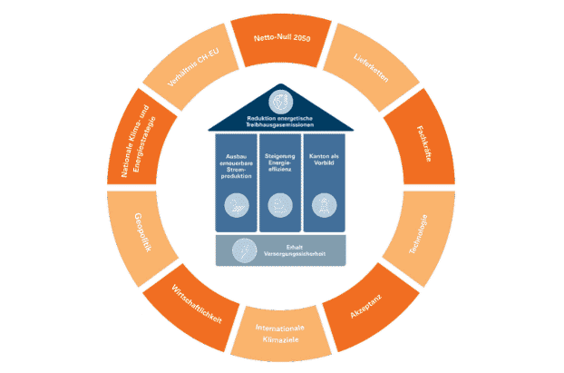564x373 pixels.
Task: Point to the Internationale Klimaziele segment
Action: click(x=280, y=338)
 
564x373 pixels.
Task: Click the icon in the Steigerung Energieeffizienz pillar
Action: click(x=280, y=206)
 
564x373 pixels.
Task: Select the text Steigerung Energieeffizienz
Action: click(x=280, y=165)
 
